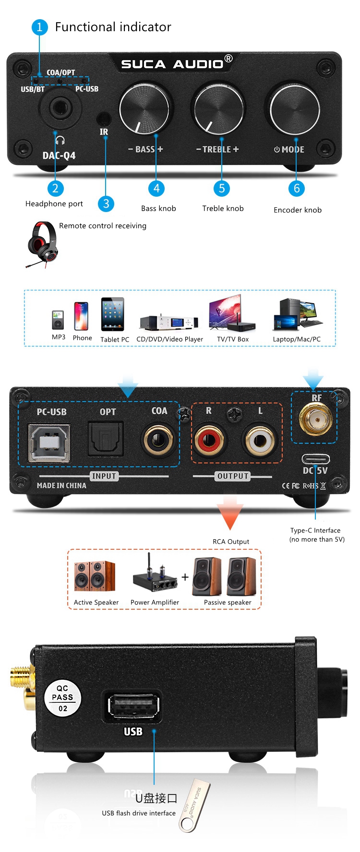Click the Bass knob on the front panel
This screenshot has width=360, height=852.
144,109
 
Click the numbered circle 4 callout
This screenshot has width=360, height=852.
156,188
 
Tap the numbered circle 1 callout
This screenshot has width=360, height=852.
39,27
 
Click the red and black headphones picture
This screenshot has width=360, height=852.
42,243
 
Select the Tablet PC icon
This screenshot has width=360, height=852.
112,314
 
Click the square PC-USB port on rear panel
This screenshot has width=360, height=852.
49,442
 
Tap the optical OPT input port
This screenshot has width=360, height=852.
106,439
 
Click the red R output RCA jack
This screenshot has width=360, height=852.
209,439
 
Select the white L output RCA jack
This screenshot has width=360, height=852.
260,439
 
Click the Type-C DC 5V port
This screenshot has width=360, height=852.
315,459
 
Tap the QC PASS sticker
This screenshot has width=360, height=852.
63,698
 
